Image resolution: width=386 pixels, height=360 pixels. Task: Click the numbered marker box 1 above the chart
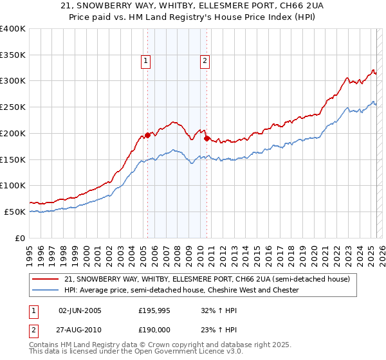coord(146,61)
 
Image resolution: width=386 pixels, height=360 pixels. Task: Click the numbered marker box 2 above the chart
coord(205,61)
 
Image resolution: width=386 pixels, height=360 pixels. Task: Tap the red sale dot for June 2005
coord(147,135)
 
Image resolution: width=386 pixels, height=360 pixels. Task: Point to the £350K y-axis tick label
coord(13,55)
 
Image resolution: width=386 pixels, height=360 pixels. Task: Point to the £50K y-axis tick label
coord(15,212)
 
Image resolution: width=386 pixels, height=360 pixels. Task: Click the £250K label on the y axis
coord(13,107)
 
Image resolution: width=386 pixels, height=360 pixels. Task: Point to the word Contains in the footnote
coord(46,345)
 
